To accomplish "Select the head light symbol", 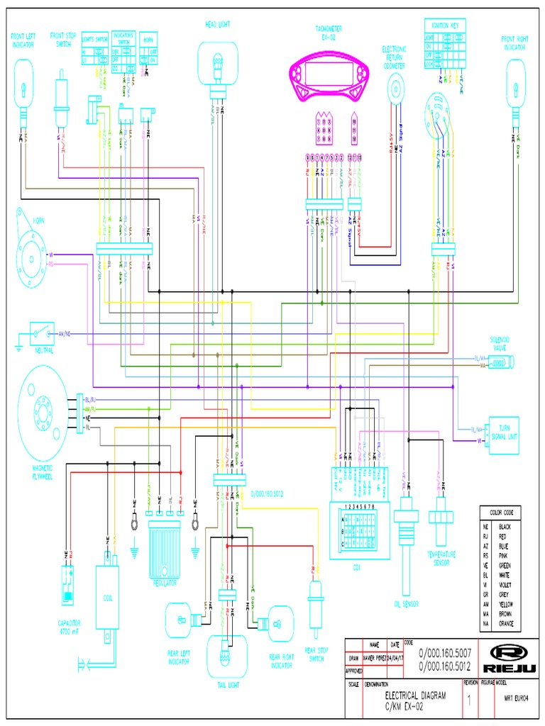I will (217, 65).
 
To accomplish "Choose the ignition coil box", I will (108, 602).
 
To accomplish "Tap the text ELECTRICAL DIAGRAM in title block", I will (415, 696).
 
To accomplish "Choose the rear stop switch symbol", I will (314, 603).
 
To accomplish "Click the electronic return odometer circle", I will (395, 89).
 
